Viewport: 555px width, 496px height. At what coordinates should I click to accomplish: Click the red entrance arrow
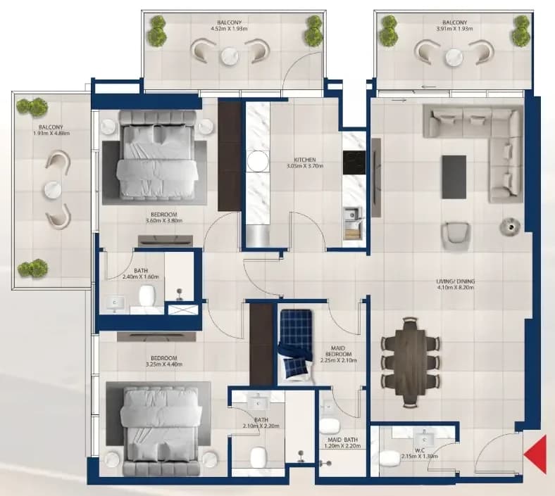coord(537,455)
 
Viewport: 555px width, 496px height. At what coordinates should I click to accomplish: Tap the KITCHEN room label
coord(305,160)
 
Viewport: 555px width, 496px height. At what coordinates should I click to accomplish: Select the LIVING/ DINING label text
coord(456,281)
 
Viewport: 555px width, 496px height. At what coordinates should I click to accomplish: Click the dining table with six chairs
coord(411,362)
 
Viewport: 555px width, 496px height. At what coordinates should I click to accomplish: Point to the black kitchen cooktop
coord(354,163)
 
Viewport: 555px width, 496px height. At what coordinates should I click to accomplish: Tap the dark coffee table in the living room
coord(454,177)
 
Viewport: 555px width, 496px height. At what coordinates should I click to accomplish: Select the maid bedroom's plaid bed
coord(297,346)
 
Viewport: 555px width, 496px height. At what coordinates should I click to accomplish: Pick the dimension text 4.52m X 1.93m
coord(232,29)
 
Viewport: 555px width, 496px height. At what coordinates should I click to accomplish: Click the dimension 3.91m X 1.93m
coord(455,29)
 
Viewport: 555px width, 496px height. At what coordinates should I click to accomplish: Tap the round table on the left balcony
coord(53,189)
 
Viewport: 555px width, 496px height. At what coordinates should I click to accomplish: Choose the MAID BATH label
coord(342,440)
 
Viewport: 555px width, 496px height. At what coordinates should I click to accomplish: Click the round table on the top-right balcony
coord(454,57)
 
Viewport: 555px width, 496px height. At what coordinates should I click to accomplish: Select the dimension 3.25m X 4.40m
coord(164,364)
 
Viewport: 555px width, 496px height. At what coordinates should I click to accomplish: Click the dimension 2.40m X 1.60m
coord(141,276)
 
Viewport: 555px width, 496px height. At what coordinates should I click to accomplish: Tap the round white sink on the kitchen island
coord(258,161)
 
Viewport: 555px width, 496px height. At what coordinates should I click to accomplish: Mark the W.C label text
coord(420,450)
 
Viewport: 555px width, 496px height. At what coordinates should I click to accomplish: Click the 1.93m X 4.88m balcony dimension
coord(51,133)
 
